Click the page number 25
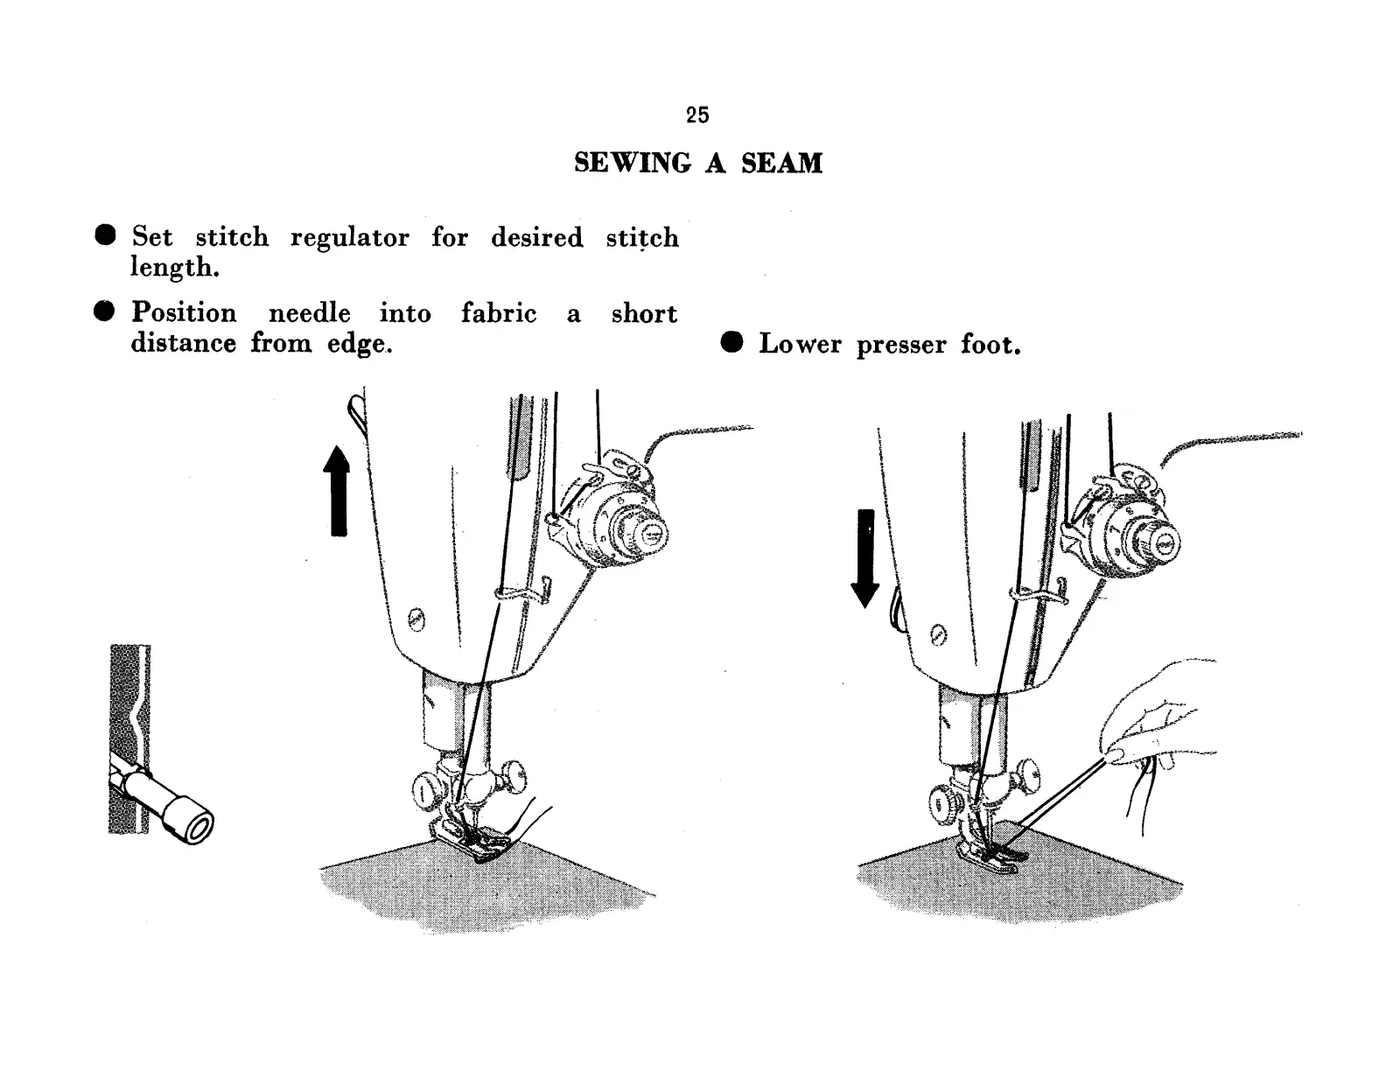coord(697,115)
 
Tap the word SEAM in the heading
coord(781,164)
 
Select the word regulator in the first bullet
coord(349,238)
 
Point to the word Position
coord(184,313)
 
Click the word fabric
coord(499,313)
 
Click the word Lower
coord(800,345)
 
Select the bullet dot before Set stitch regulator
coord(106,235)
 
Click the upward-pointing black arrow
coord(337,490)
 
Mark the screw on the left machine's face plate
coord(416,620)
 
